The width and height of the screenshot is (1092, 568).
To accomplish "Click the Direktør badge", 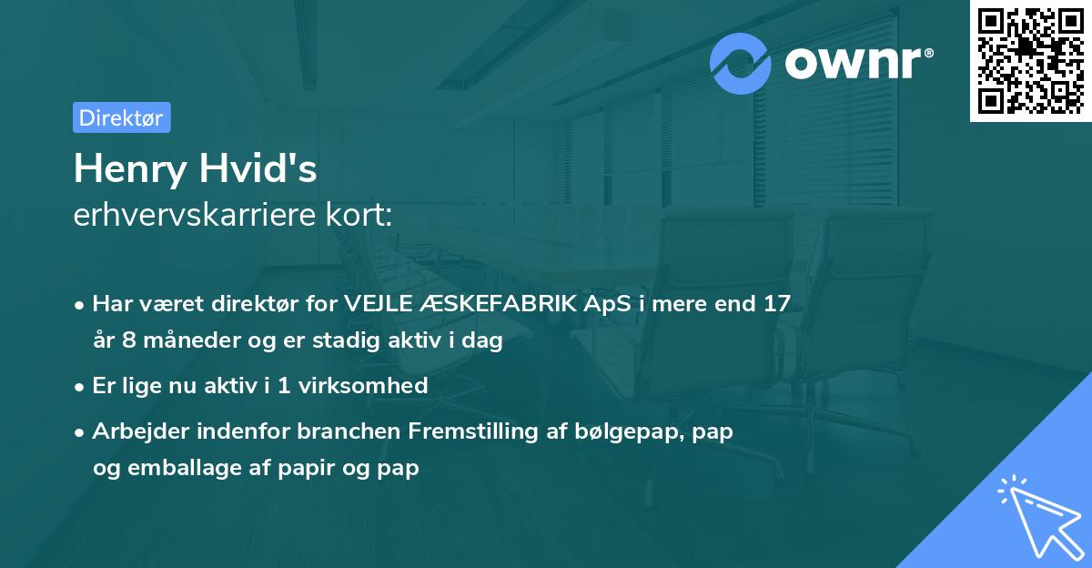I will point(121,117).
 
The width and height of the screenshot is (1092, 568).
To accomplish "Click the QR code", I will point(1030,60).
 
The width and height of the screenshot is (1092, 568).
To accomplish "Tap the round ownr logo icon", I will point(741,64).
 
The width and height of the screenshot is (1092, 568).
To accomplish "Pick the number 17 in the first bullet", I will point(776,304).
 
